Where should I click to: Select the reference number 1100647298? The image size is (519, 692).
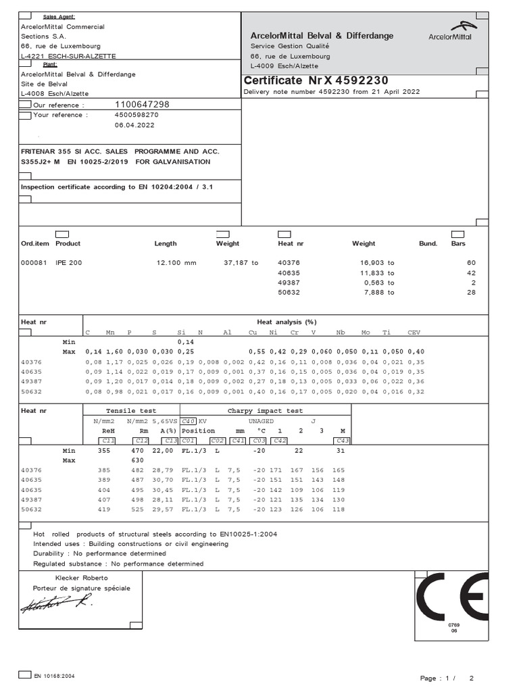coord(142,105)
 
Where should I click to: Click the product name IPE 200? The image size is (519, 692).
coord(68,262)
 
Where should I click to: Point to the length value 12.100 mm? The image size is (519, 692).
coord(176,262)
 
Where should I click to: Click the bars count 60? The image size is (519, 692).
coord(471,262)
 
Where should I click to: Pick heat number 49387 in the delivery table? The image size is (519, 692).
coord(289,282)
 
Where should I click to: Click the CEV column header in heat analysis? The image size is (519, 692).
coord(413,332)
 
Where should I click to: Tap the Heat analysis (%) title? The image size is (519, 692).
coord(287,322)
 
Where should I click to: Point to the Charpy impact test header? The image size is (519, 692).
coord(265,410)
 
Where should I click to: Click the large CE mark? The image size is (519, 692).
coord(451,597)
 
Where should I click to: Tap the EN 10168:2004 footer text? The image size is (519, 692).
coord(54,675)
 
